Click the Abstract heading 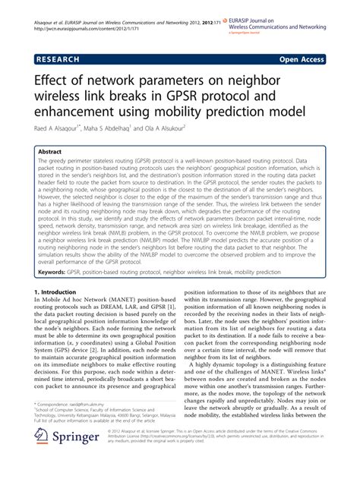[x=51, y=152]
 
